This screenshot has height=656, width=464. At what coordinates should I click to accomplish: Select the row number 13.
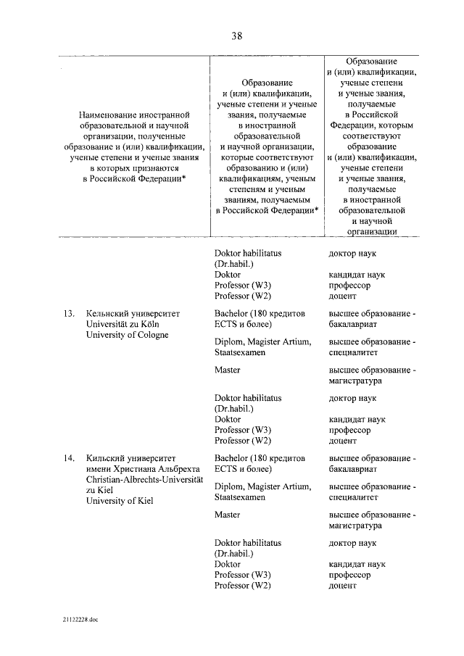pyautogui.click(x=70, y=314)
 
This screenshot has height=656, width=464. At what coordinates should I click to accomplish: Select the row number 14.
pyautogui.click(x=70, y=459)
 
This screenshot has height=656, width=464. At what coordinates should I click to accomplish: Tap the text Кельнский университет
pyautogui.click(x=132, y=314)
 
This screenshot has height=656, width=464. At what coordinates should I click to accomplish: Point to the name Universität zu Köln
pyautogui.click(x=125, y=324)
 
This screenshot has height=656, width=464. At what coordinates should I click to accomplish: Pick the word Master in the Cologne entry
pyautogui.click(x=228, y=370)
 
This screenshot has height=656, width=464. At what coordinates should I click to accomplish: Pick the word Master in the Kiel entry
pyautogui.click(x=228, y=514)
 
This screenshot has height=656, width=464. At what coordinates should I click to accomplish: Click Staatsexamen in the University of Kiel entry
pyautogui.click(x=240, y=497)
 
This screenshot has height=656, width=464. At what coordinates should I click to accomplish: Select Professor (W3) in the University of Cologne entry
pyautogui.click(x=243, y=430)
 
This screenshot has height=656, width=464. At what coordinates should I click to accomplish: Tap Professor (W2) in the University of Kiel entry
pyautogui.click(x=243, y=585)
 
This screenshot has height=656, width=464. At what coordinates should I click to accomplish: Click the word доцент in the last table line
pyautogui.click(x=342, y=585)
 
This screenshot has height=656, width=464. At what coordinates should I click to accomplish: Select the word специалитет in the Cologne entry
pyautogui.click(x=354, y=352)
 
